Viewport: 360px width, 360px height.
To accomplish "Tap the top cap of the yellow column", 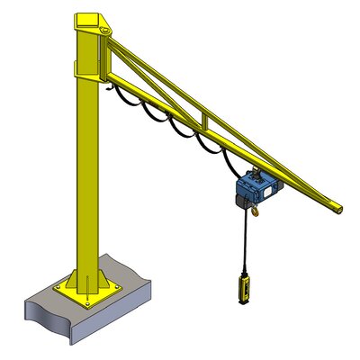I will (93, 19).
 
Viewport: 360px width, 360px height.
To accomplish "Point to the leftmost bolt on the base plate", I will (59, 287).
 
